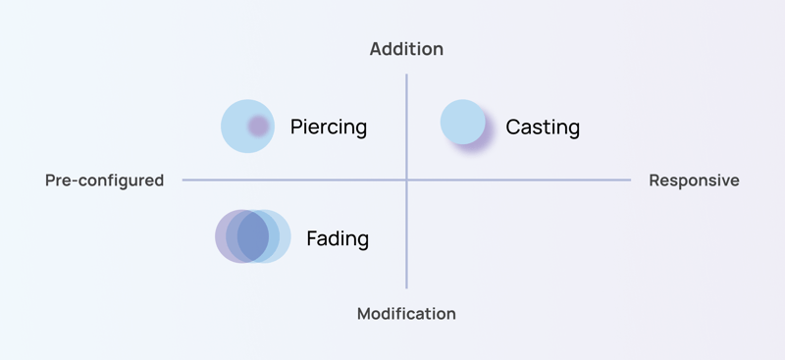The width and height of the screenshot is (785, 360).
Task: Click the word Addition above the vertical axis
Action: (406, 49)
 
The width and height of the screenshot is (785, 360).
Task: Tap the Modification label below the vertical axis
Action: (406, 314)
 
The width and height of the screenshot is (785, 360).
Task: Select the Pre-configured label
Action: (104, 180)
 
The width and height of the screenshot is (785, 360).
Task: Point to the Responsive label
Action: (694, 180)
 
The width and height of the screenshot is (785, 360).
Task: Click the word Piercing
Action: (328, 127)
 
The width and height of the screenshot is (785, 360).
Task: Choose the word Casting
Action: (542, 128)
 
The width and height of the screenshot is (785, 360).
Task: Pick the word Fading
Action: (338, 238)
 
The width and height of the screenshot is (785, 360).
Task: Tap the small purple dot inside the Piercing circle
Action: (257, 126)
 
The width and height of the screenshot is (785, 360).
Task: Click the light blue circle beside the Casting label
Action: (462, 123)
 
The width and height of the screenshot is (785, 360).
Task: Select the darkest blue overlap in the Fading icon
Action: (253, 236)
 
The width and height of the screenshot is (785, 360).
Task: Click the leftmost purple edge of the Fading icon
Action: (219, 236)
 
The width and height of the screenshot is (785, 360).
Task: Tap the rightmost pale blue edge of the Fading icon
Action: (288, 236)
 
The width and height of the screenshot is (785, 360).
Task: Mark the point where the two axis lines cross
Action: (406, 180)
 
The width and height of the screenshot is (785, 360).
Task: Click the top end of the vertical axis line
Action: (406, 76)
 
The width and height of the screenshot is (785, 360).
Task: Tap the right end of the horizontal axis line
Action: (629, 180)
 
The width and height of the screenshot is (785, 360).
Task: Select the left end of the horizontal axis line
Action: (184, 180)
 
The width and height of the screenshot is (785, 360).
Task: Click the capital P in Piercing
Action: (296, 127)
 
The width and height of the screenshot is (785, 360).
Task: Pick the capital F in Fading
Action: (312, 238)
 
